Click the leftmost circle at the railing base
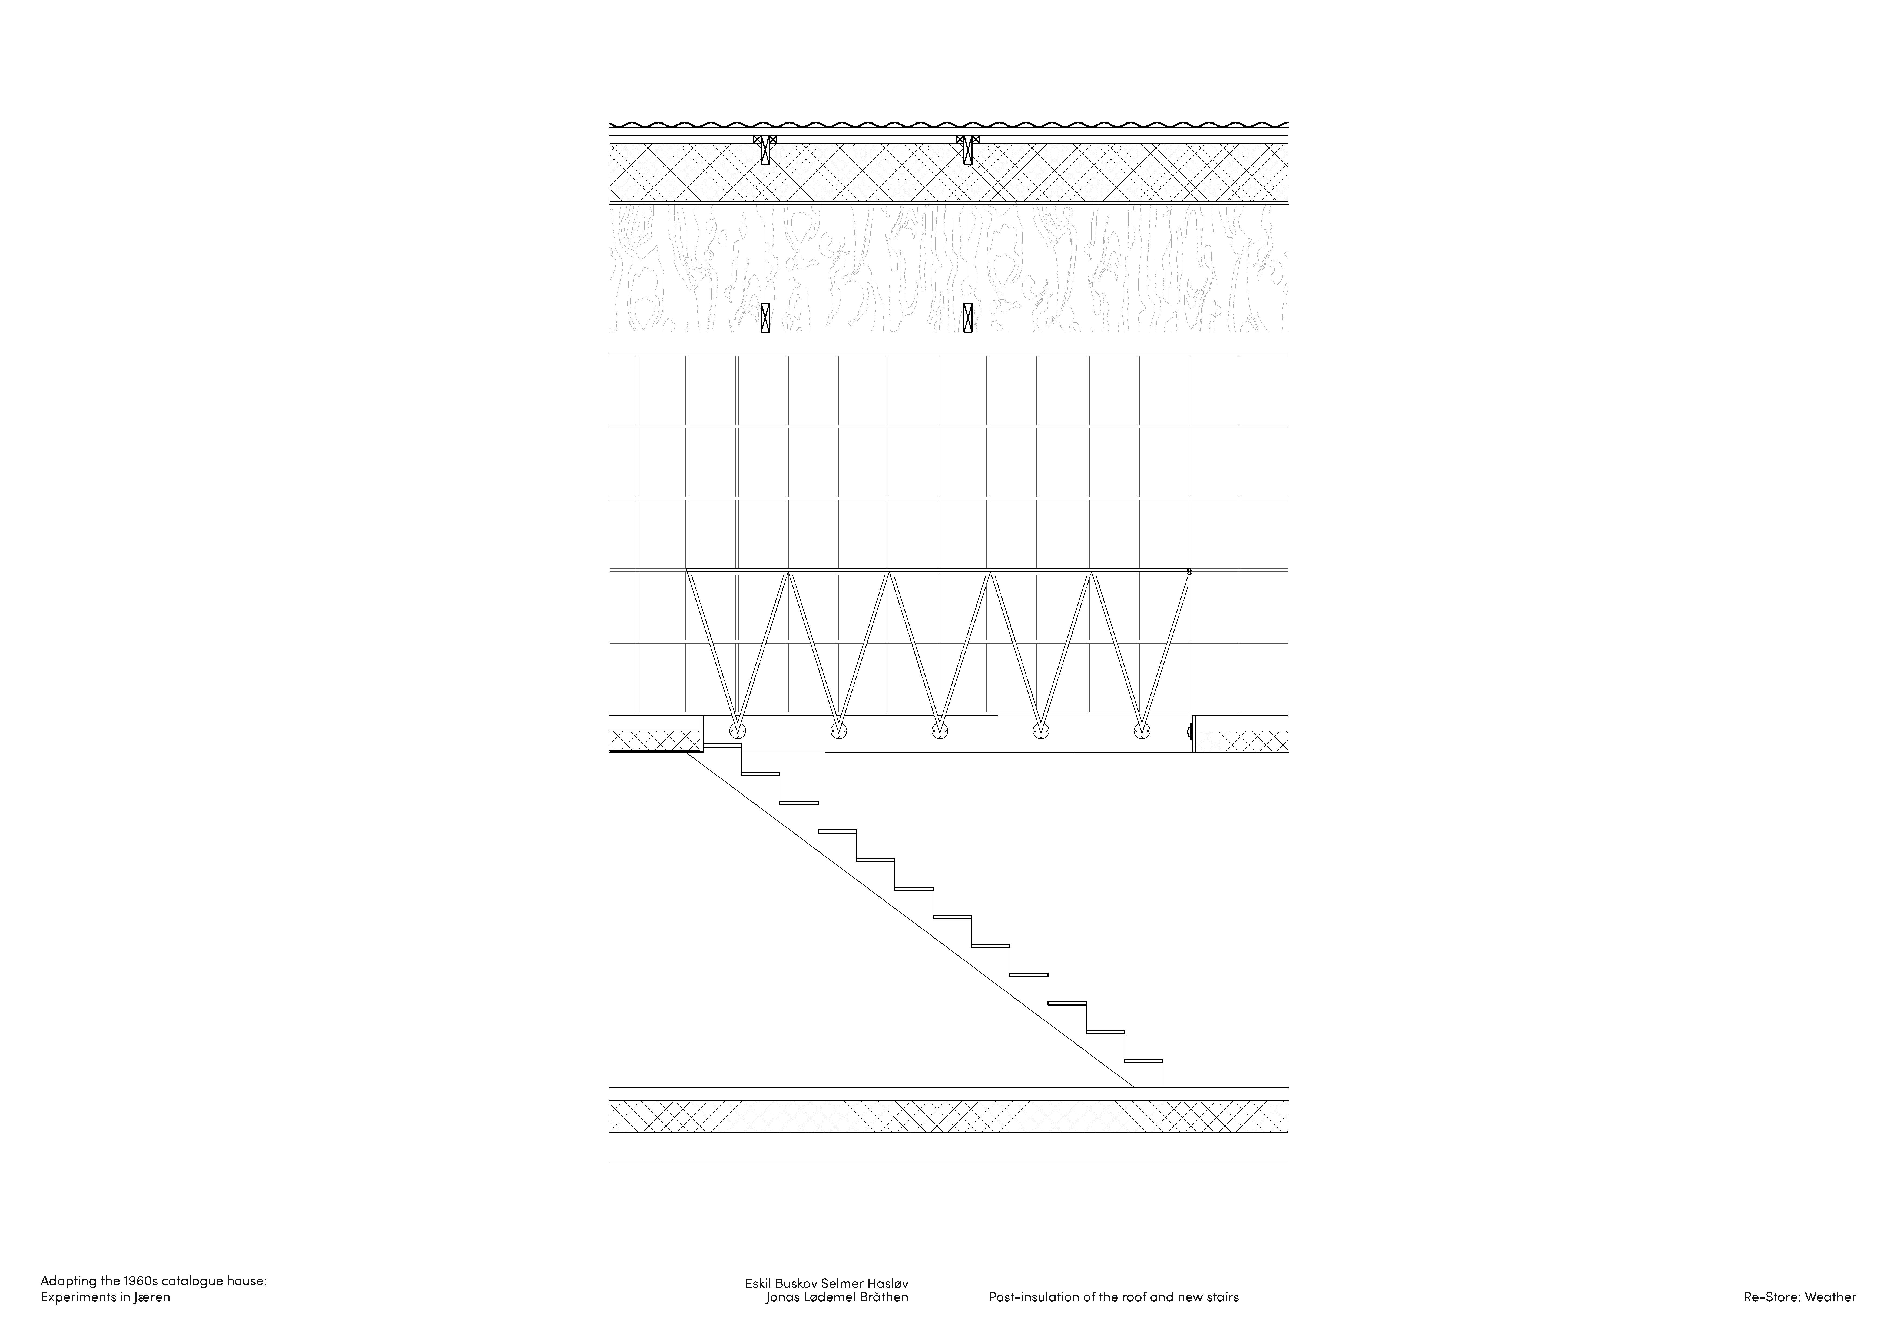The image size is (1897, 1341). click(x=737, y=730)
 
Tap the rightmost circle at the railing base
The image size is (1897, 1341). click(x=1142, y=730)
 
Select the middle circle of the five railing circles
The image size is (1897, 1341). click(x=939, y=730)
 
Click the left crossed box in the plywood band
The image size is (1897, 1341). click(x=765, y=317)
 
